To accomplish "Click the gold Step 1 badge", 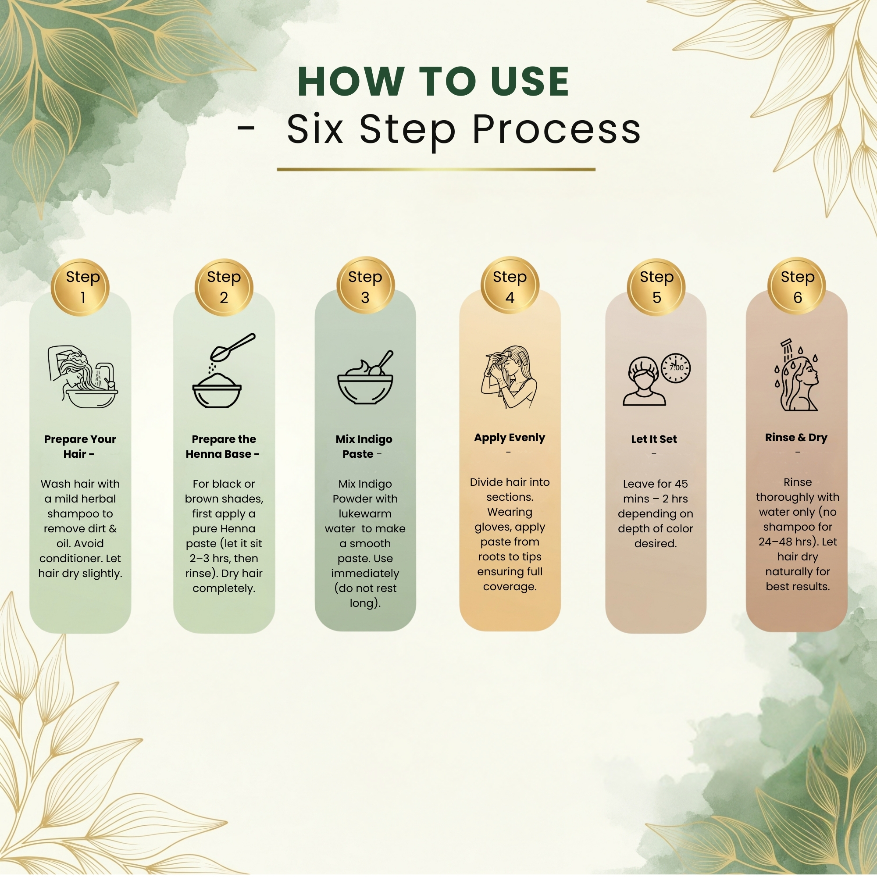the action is coord(80,287).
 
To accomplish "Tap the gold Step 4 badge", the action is coord(510,285).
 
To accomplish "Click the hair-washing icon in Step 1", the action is coord(83,377).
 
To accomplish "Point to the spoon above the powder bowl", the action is coord(233,347).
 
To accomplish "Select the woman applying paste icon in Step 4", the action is coord(509,377).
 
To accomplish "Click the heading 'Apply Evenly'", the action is coord(509,438).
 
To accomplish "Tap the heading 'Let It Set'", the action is coord(654,439).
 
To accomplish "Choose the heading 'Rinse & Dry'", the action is coord(796,438).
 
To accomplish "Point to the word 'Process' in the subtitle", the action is coord(556,130).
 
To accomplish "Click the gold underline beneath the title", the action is coord(436,169).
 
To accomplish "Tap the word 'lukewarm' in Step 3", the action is coord(365,513).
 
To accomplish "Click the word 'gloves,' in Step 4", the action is coord(493,528).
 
